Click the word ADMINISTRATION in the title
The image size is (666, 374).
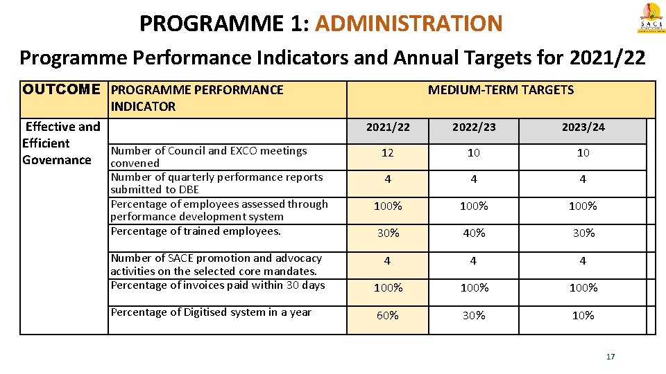[408, 24]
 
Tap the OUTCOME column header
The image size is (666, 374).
[61, 90]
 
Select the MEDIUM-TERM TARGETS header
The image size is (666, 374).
[500, 90]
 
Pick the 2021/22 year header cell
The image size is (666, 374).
[388, 127]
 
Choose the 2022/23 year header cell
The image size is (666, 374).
[474, 127]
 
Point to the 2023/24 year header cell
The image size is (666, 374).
[583, 127]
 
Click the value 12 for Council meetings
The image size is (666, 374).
[388, 153]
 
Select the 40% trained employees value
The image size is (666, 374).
[474, 233]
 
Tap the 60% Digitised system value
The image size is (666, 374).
[388, 316]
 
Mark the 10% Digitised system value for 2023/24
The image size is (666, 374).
[583, 316]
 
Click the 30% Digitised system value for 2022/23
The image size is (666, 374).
[474, 316]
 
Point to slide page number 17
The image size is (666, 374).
[610, 357]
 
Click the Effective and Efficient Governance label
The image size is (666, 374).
[61, 143]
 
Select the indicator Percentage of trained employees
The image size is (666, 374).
[196, 231]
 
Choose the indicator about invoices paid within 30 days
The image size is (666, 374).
[217, 285]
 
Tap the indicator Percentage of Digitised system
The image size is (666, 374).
[211, 312]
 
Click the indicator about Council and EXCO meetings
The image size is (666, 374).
[208, 157]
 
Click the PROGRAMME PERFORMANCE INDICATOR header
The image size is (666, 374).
[197, 98]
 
